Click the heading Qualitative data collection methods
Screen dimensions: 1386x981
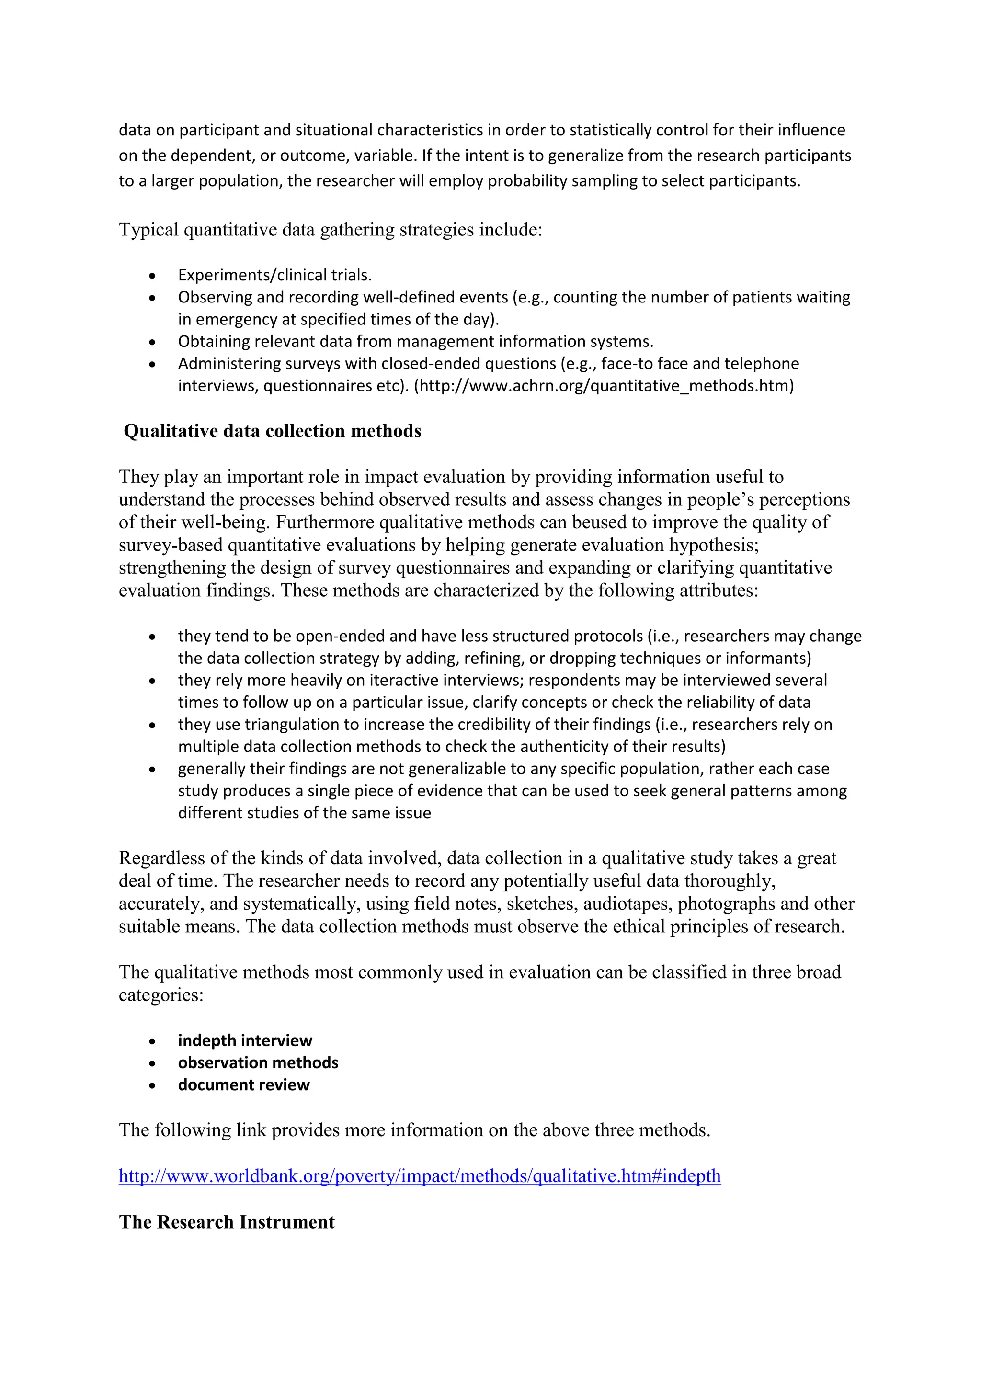[x=273, y=431]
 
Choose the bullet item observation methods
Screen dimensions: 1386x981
[x=258, y=1062]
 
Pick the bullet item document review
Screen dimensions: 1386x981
[x=243, y=1085]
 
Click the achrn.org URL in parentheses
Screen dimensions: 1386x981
[x=604, y=386]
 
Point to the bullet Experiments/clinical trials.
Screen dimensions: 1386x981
[x=274, y=275]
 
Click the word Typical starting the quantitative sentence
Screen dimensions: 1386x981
[x=148, y=230]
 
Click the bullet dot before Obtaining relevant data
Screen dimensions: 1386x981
[x=152, y=342]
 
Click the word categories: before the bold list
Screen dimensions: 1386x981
[x=160, y=995]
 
